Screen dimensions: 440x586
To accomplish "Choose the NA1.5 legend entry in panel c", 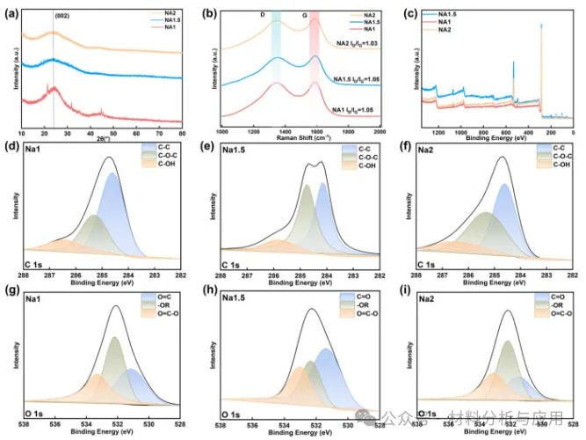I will coord(455,14).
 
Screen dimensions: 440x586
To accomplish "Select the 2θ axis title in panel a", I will coord(103,138).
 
